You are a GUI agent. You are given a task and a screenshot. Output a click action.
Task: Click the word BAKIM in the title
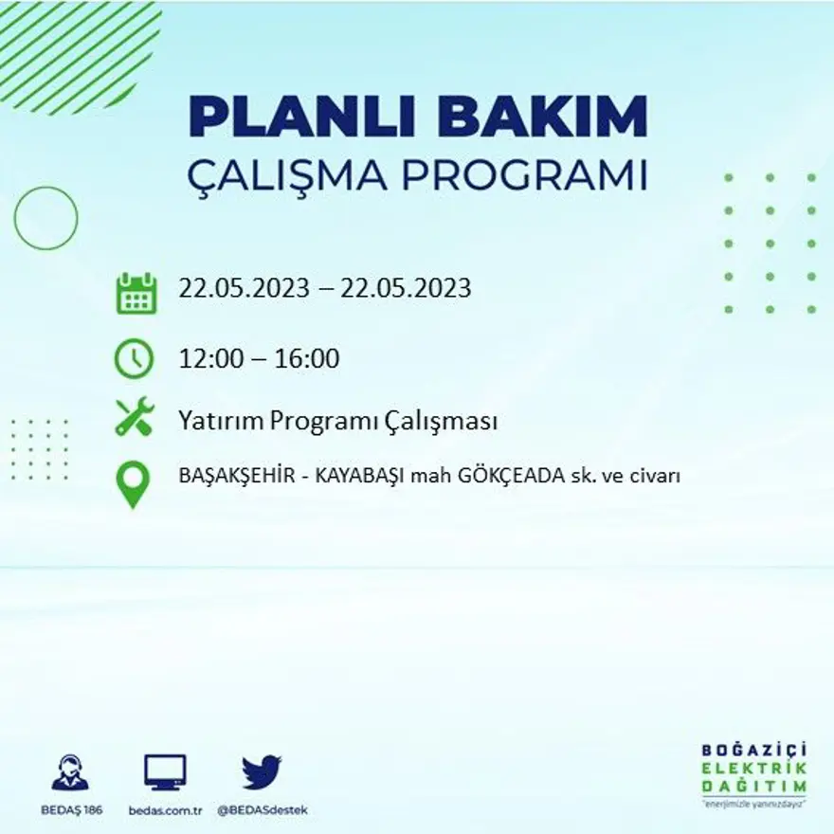point(544,117)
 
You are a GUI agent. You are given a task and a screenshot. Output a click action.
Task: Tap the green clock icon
point(134,358)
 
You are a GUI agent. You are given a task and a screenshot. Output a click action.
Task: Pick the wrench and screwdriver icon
point(134,417)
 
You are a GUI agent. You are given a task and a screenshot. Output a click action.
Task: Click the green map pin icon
point(133,483)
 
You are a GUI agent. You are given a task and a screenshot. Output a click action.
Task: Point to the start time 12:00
point(208,359)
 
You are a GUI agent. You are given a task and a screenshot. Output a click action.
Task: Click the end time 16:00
point(307,359)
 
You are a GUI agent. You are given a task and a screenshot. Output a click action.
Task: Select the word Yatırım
point(220,422)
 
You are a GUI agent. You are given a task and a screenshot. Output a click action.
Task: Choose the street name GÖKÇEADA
point(482,477)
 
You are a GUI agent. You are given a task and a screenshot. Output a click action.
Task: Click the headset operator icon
point(70,772)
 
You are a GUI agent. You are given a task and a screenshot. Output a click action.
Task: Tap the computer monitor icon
point(165,772)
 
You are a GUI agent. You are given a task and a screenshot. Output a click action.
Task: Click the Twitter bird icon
point(262,771)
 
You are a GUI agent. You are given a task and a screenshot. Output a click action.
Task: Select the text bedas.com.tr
point(165,810)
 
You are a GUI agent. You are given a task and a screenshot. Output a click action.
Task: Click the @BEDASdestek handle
point(263,810)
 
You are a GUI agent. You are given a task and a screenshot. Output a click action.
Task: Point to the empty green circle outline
point(45,218)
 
